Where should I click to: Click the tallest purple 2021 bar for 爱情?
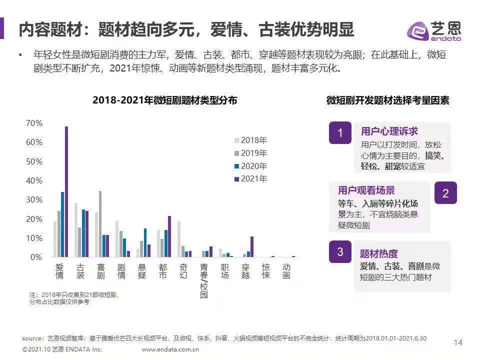click(x=66, y=192)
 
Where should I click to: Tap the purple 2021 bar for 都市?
click(x=169, y=236)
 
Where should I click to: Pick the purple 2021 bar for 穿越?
click(x=252, y=246)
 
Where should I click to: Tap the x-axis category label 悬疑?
click(x=142, y=271)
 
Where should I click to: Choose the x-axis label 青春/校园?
click(x=204, y=281)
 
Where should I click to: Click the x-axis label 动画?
click(x=286, y=271)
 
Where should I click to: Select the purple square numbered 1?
click(x=340, y=133)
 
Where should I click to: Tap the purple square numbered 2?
click(x=445, y=192)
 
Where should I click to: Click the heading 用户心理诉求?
click(x=389, y=131)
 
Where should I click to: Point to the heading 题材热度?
click(x=378, y=254)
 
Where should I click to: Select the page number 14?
click(x=457, y=342)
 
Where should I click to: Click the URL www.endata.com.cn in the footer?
click(x=170, y=349)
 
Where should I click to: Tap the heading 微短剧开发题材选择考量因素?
click(x=387, y=100)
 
